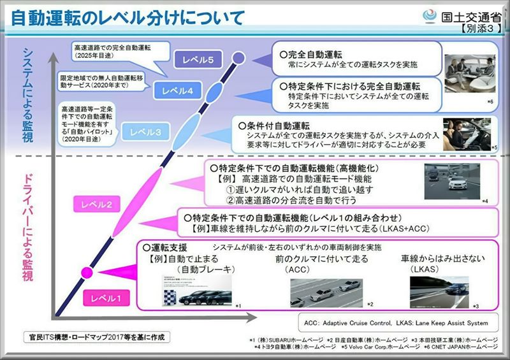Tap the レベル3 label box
coord(149,132)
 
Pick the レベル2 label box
coord(97,205)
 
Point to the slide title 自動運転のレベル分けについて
coord(127,17)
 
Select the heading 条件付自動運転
coord(275,125)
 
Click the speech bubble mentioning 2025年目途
coord(113,52)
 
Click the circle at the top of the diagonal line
coord(238,59)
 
